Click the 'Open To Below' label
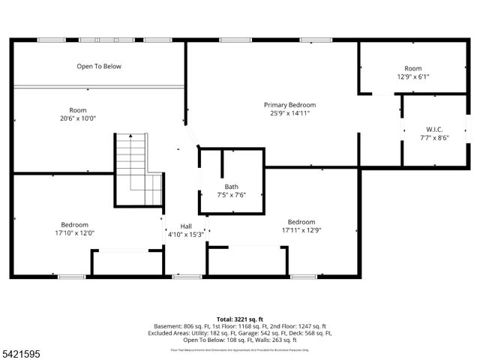[x=98, y=67]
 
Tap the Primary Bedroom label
[x=289, y=105]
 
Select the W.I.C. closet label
[x=433, y=128]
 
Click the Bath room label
[x=232, y=187]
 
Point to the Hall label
[x=186, y=226]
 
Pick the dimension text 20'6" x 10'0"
[x=78, y=118]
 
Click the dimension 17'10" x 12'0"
[x=75, y=232]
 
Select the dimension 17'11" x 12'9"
[x=301, y=230]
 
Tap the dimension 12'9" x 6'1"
[x=413, y=76]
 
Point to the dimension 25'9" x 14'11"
[x=289, y=113]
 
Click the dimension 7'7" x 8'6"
[x=433, y=137]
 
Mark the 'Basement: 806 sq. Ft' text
[x=207, y=326]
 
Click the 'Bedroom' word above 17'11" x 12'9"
[x=301, y=222]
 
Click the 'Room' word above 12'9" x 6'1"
[x=413, y=68]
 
